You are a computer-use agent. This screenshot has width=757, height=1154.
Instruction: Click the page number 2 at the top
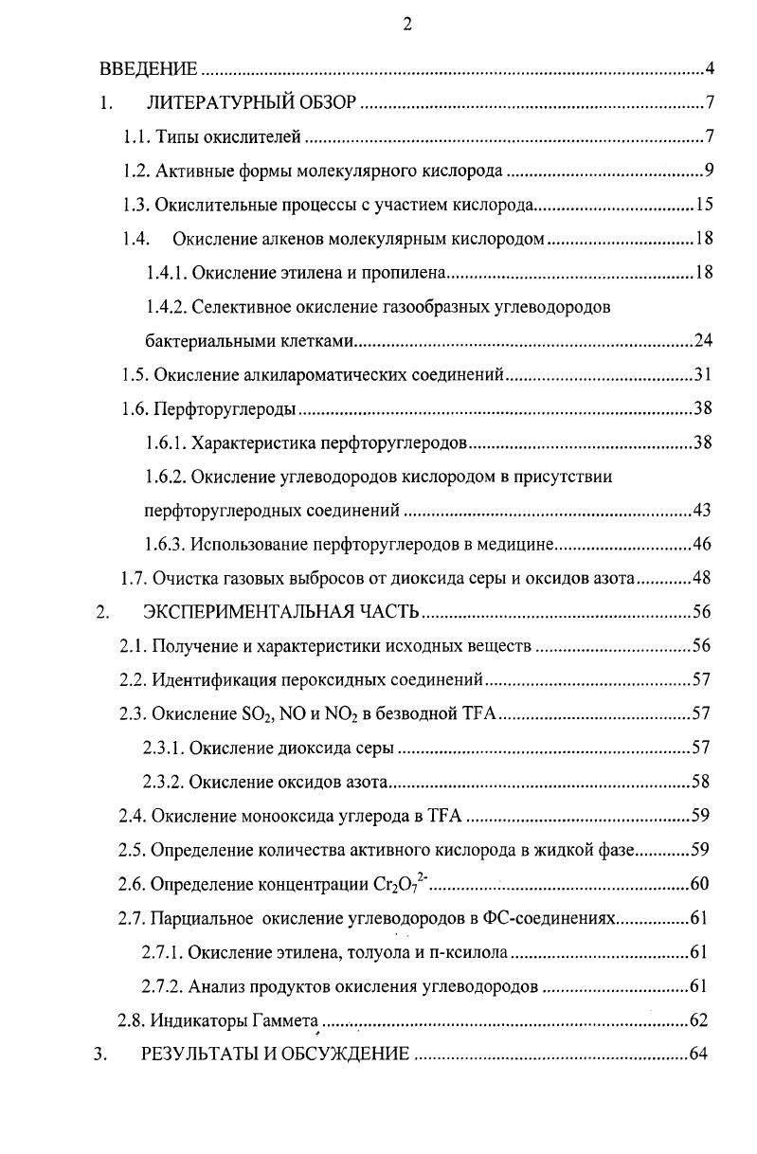[406, 25]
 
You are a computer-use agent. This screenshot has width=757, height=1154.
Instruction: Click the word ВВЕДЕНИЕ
[149, 69]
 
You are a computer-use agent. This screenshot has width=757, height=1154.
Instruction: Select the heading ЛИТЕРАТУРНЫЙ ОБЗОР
[251, 103]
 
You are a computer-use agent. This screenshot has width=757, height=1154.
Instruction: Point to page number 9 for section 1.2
[708, 171]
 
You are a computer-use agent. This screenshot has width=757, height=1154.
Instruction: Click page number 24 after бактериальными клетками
[702, 340]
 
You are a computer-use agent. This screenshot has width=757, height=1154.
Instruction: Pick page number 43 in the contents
[702, 511]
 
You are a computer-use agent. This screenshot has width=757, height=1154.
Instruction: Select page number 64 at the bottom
[699, 1054]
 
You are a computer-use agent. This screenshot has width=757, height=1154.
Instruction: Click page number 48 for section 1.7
[702, 578]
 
